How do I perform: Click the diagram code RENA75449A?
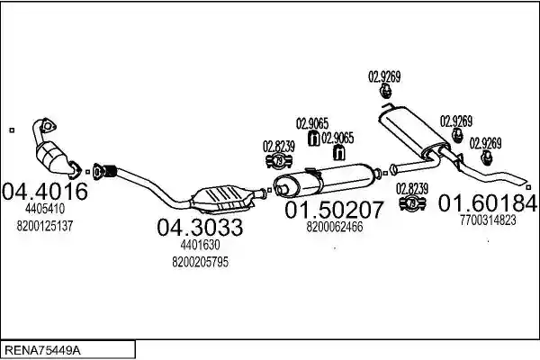click(x=42, y=351)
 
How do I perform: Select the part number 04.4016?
click(x=45, y=192)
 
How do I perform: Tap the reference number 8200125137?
click(x=45, y=226)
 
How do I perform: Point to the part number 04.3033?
click(x=200, y=227)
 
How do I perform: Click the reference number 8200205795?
click(x=200, y=262)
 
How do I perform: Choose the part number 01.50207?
click(x=334, y=210)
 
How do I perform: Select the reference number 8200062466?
click(x=335, y=227)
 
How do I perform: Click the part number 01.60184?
click(x=487, y=202)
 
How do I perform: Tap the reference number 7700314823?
click(x=488, y=220)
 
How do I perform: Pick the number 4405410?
click(x=45, y=209)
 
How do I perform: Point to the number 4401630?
click(x=200, y=245)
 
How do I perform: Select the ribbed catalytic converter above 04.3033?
click(x=222, y=200)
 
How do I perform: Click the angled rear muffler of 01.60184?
click(x=414, y=131)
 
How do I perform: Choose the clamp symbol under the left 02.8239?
click(x=279, y=161)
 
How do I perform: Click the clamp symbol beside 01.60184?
click(x=412, y=203)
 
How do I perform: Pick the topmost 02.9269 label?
click(x=384, y=76)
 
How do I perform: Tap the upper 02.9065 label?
click(x=312, y=123)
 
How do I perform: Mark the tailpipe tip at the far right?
click(x=525, y=182)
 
